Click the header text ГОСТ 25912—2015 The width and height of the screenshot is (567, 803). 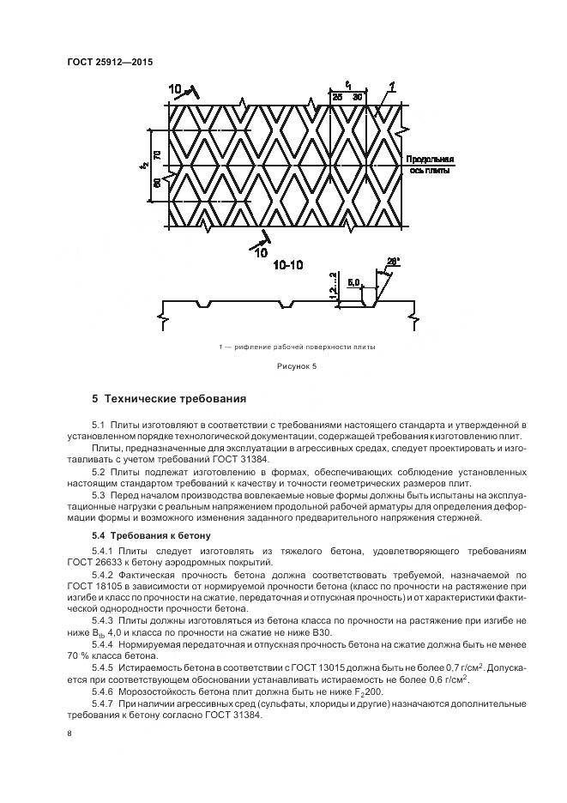[104, 62]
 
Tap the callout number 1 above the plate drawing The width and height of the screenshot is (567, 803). [391, 86]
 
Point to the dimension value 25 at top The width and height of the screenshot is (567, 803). [337, 98]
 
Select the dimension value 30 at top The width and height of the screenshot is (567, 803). [357, 98]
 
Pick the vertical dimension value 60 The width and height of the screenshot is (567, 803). [158, 183]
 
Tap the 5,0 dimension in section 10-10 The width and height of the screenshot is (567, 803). [353, 280]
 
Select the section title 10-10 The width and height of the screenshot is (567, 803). [288, 267]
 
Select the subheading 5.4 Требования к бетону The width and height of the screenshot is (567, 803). [146, 536]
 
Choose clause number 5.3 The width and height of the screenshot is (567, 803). [98, 494]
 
